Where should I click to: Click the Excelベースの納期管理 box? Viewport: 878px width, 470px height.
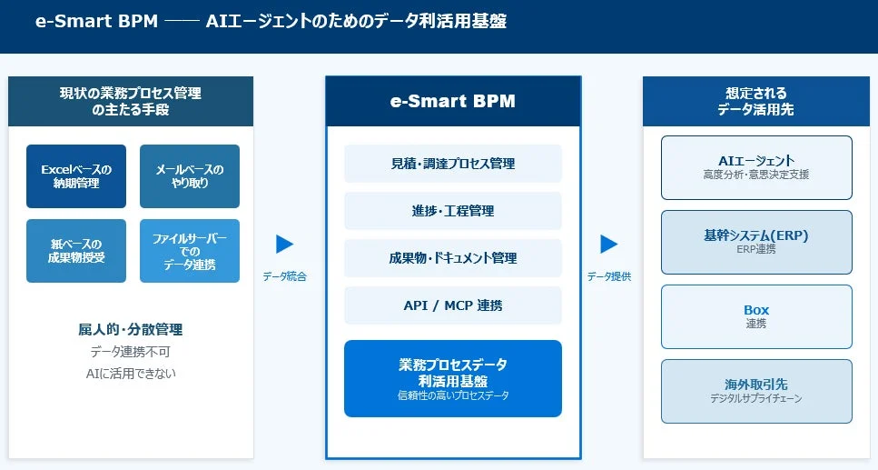coord(76,176)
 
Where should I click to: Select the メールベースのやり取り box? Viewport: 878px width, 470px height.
coord(190,176)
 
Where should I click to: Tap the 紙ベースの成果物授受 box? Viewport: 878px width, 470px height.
coord(76,251)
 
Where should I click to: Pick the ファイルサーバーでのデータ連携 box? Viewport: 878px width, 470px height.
coord(190,251)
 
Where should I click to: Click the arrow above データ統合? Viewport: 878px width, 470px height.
coord(284,244)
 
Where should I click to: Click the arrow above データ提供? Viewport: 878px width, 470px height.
coord(608,244)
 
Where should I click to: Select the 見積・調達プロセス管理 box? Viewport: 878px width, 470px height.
coord(452,164)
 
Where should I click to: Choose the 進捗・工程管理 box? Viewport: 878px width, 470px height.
coord(452,211)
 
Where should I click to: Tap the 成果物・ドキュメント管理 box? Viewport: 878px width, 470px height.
coord(452,258)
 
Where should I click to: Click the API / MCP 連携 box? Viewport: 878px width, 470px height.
coord(452,305)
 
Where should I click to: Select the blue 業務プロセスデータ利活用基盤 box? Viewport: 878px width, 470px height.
coord(452,378)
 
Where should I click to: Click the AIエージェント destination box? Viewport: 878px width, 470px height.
coord(756,167)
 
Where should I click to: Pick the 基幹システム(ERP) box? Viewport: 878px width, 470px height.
coord(756,242)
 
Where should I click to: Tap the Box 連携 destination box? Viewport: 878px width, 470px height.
coord(756,316)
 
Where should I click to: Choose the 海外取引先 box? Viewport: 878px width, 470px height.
coord(756,391)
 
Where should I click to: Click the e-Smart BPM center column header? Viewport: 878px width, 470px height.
coord(452,101)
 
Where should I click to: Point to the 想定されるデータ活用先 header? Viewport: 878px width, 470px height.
coord(756,101)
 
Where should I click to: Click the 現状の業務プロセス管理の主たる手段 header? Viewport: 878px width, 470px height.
coord(131,101)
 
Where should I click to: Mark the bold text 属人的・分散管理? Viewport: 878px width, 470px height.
coord(131,329)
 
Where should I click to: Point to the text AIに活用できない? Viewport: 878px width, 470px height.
coord(131,373)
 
